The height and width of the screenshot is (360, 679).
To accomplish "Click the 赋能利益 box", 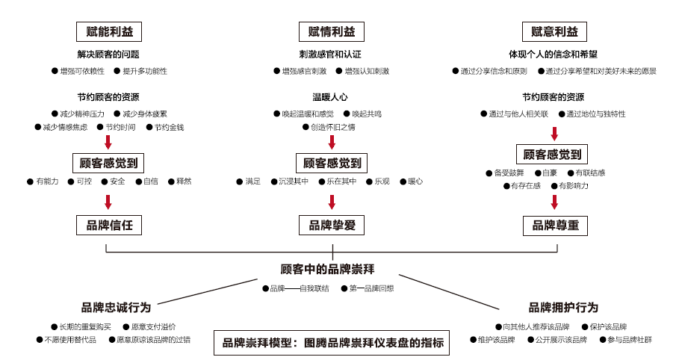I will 109,31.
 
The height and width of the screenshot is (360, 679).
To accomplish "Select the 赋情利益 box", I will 332,31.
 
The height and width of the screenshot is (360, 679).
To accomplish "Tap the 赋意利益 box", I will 554,31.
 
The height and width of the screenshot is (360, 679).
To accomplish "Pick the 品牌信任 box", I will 109,225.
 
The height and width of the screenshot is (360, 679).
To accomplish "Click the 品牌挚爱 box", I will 332,225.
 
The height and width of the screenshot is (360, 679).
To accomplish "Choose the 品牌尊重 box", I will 554,225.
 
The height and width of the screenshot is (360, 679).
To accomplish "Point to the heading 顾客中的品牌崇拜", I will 327,269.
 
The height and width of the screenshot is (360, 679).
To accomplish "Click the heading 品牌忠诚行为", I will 116,307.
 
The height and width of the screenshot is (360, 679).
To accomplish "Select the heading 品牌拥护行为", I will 563,307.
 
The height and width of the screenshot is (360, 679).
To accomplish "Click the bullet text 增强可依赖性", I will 82,71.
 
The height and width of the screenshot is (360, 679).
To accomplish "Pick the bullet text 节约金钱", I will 169,127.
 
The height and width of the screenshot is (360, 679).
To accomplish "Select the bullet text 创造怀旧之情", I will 332,127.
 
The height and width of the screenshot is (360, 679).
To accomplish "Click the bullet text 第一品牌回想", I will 371,288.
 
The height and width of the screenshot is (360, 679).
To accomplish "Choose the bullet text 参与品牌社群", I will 630,339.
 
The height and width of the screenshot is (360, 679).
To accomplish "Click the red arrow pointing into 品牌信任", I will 108,202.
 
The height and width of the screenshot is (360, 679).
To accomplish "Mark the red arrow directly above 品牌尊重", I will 554,202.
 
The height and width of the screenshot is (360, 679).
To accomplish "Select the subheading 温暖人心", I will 330,97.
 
